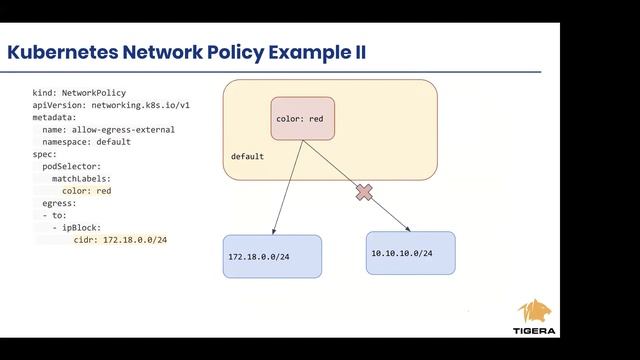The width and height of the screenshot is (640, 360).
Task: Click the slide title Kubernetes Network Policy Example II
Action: point(186,52)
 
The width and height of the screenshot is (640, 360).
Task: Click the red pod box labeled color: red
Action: point(302,119)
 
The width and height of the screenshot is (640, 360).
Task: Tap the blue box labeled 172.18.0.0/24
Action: point(272,257)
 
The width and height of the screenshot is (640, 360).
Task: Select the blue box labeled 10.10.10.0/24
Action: point(410,253)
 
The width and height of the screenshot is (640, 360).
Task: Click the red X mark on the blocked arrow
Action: point(364,193)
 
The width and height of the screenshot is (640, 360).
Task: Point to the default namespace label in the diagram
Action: point(247,157)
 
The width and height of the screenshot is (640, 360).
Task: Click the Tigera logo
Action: point(537,317)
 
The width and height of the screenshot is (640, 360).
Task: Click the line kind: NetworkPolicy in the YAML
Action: point(79,93)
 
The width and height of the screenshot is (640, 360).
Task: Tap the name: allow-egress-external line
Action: point(108,129)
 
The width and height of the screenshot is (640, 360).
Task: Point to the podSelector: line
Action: point(72,166)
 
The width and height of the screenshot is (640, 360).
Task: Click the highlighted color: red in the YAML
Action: point(86,190)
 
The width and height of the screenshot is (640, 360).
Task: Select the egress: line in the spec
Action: point(59,203)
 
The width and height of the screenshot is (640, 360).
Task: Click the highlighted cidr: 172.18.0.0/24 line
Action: point(120,240)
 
